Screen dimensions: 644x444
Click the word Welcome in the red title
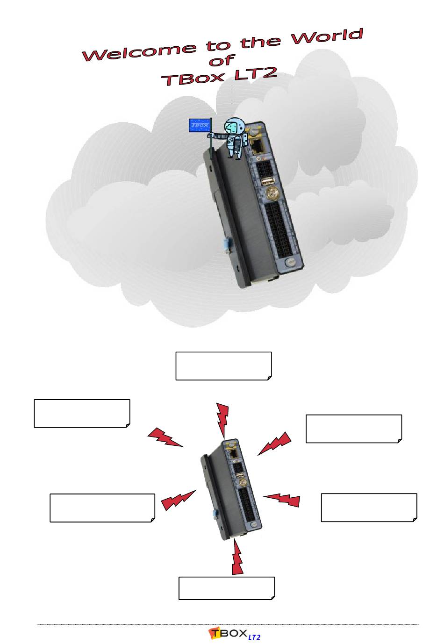139,51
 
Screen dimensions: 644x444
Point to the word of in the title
221,61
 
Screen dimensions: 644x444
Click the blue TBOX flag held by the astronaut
200,126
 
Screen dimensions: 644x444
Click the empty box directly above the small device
223,366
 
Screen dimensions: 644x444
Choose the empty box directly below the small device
227,588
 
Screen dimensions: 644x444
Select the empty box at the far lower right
369,507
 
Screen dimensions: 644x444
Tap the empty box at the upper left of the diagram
82,413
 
